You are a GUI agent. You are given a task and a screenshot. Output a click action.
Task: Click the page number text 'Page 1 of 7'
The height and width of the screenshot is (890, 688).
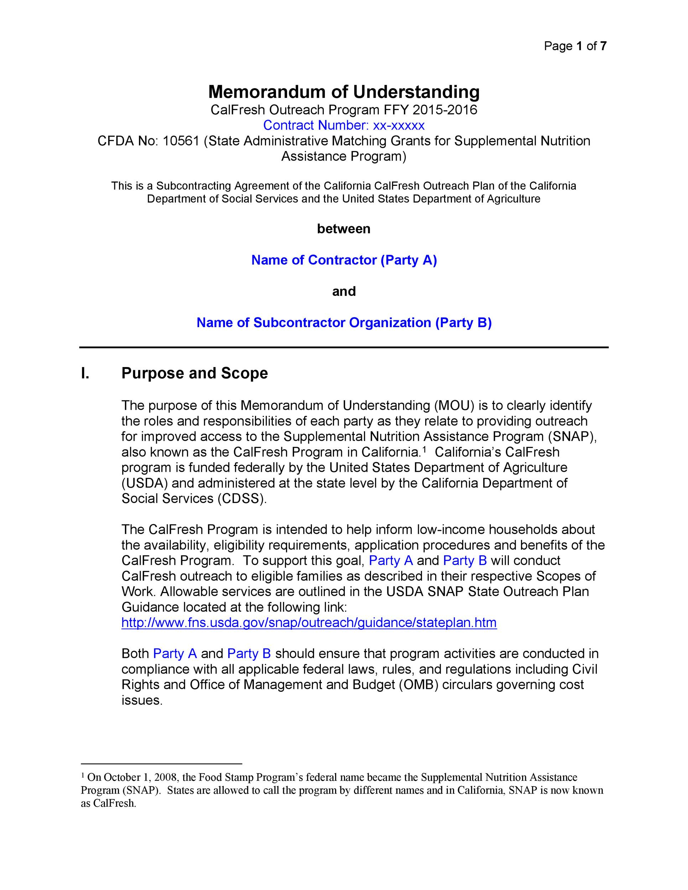coord(575,46)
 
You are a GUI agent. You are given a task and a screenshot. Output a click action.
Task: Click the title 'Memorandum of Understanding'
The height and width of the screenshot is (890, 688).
coord(344,92)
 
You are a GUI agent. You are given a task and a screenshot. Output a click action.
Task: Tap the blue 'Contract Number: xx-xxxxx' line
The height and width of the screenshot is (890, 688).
coord(344,125)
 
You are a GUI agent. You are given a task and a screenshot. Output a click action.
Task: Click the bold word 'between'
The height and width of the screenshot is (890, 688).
coord(344,229)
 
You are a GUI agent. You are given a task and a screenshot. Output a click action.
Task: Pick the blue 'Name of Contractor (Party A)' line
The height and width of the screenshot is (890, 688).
coord(344,260)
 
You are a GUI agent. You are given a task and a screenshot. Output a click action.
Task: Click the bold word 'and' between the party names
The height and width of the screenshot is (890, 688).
coord(344,291)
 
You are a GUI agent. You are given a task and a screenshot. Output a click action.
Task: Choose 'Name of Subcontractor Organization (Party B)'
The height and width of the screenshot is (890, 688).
coord(344,323)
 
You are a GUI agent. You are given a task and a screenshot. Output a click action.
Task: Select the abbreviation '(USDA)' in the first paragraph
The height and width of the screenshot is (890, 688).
coord(144,483)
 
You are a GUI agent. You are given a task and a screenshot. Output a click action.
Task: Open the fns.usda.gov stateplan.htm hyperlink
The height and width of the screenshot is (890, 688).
coord(309,623)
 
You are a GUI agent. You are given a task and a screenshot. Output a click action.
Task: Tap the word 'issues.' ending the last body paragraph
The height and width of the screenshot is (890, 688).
coord(142,701)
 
